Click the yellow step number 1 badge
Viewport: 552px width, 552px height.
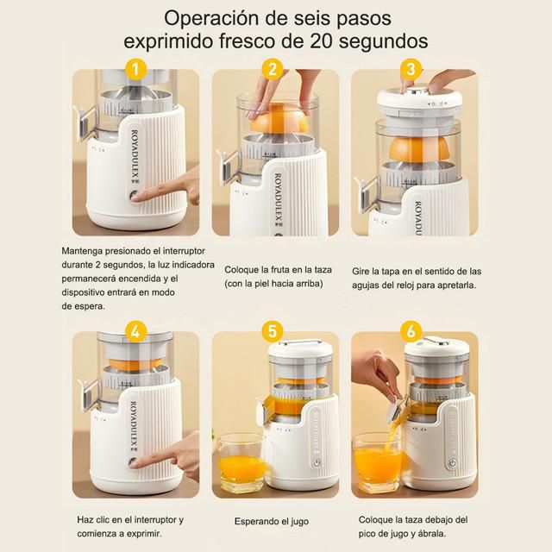coord(136,69)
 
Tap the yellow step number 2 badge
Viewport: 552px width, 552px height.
coord(273,69)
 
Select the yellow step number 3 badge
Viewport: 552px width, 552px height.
coord(411,69)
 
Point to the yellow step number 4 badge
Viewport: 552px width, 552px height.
coord(136,331)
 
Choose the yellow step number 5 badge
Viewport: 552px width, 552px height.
coord(273,331)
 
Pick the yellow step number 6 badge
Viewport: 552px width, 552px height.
coord(411,331)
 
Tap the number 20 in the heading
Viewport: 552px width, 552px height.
coord(321,41)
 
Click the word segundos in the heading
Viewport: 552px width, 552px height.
coord(383,42)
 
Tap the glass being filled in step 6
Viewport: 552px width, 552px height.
coord(378,463)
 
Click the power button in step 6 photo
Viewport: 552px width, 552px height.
coord(452,463)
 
